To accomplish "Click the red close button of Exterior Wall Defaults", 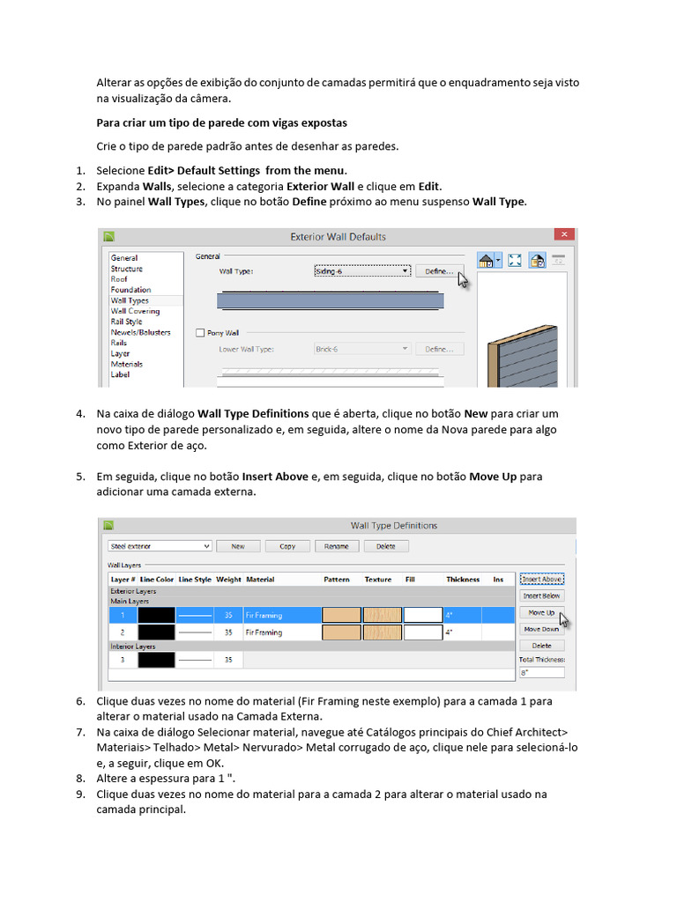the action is tap(564, 234).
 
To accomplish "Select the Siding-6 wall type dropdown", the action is tap(362, 271).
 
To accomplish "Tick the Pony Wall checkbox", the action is tap(200, 333).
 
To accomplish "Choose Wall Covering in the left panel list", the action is tap(135, 311).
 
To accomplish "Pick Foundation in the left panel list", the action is tap(130, 290).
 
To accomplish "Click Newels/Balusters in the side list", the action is tap(140, 332).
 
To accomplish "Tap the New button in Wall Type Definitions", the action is tap(238, 546).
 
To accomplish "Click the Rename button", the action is tap(336, 546).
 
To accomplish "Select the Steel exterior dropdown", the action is tap(160, 546).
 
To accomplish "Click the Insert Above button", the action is tap(542, 580).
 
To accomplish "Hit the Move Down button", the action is tap(542, 629).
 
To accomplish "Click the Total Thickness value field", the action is tap(542, 672).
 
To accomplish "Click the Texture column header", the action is tap(377, 580).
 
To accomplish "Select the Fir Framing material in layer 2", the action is tap(264, 632).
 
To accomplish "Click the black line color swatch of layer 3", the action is tap(157, 660).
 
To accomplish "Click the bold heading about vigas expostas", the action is tap(221, 123).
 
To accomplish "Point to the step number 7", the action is tap(80, 732).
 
